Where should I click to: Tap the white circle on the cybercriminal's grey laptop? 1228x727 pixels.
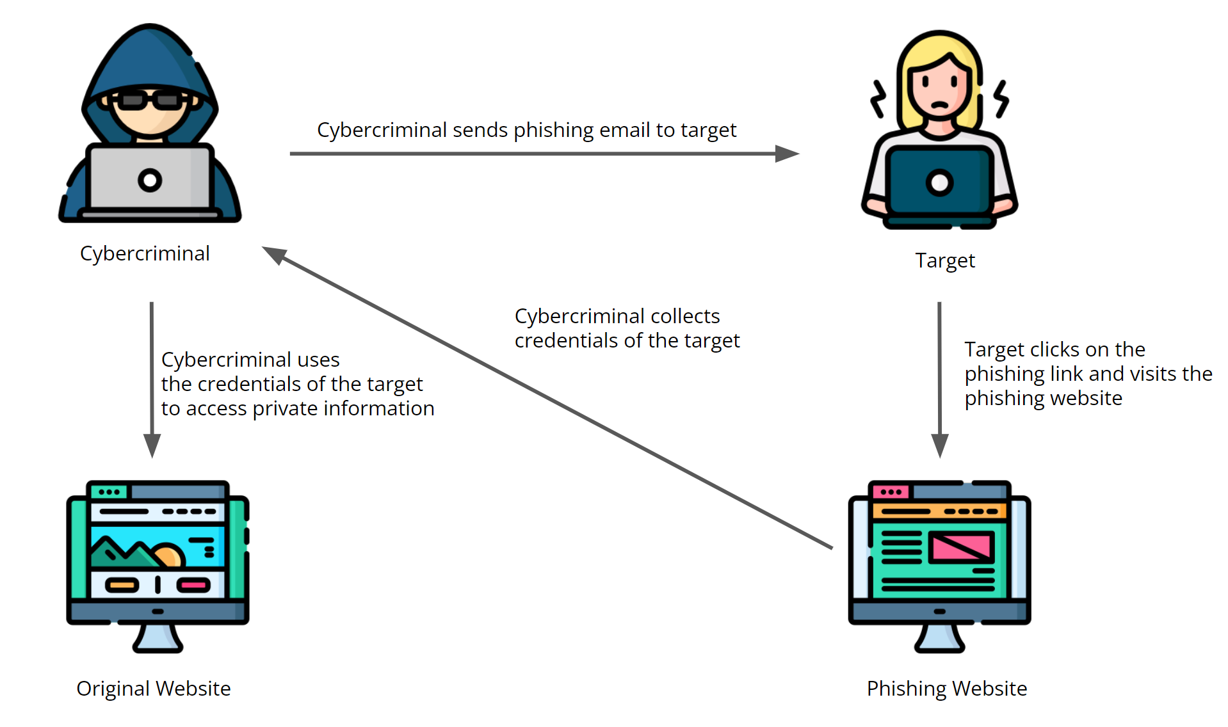[x=150, y=180]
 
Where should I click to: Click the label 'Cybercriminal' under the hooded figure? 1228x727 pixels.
[x=145, y=253]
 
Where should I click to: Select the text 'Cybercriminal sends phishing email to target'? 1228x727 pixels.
[x=526, y=130]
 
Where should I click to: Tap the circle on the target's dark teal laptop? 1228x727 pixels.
[x=939, y=183]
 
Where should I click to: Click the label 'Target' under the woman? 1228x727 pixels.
[x=944, y=260]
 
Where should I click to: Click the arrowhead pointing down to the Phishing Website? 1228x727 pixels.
[x=939, y=445]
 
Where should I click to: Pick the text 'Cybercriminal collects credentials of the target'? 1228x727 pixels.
[x=627, y=328]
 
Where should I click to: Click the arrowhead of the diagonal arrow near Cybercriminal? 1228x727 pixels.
[x=274, y=254]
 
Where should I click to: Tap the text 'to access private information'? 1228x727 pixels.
[x=298, y=408]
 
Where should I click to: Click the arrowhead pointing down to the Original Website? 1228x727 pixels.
[x=152, y=445]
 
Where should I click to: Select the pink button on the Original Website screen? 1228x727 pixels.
[x=193, y=585]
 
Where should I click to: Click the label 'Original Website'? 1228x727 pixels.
[x=154, y=689]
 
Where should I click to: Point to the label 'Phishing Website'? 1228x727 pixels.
[x=946, y=689]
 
